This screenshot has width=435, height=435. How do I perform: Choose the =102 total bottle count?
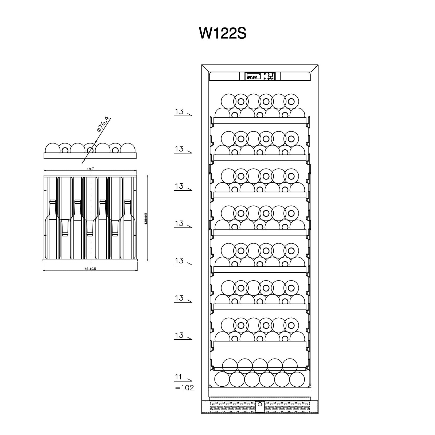[x=184, y=388]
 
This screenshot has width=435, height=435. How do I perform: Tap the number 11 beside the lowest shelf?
[x=178, y=377]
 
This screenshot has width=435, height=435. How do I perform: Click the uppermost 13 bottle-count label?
[x=179, y=111]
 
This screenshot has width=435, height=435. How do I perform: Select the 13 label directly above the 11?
[x=179, y=335]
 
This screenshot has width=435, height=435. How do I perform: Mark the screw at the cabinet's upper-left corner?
[x=203, y=66]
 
